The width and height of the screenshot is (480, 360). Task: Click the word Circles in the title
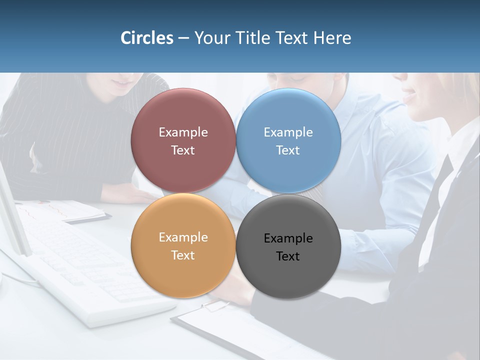click(x=146, y=38)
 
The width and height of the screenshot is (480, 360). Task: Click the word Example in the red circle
click(x=183, y=132)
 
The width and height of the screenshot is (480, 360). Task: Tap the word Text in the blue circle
click(x=288, y=150)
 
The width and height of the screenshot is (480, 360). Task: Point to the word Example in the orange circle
click(x=183, y=237)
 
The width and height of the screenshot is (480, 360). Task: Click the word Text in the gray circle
click(x=288, y=256)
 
